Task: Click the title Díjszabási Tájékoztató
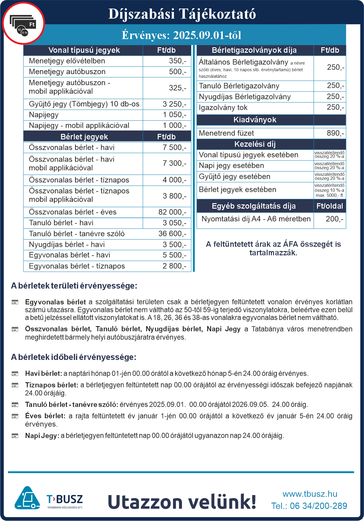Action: (182, 14)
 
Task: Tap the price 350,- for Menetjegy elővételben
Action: (177, 61)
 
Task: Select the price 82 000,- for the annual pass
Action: (172, 212)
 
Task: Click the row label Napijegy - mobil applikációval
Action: (79, 125)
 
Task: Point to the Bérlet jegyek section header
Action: (84, 137)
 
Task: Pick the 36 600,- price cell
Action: (172, 234)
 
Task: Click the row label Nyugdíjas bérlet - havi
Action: (67, 244)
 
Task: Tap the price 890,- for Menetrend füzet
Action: (335, 133)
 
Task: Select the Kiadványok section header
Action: (255, 120)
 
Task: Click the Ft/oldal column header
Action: (330, 206)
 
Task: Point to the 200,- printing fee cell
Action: (334, 219)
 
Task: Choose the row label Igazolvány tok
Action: (223, 107)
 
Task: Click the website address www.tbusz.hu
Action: (310, 494)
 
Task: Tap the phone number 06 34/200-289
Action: (318, 506)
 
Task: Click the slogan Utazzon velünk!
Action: (182, 502)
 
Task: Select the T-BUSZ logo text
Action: (65, 499)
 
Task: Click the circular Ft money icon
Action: (23, 23)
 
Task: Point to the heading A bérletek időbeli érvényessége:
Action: (74, 357)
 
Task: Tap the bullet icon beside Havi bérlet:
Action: (15, 373)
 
